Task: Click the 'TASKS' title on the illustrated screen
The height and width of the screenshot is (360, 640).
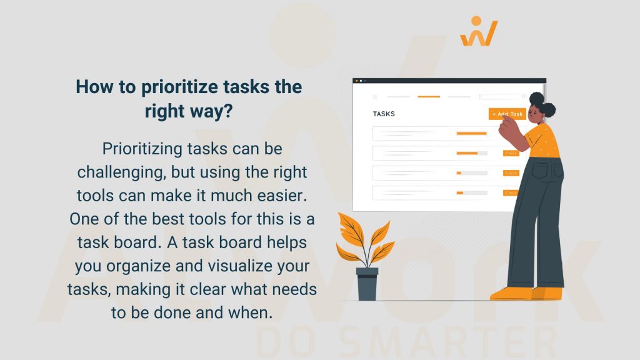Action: pos(384,114)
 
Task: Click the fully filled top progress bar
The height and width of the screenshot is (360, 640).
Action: pos(471,133)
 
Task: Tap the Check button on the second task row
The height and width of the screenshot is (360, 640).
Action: pos(511,153)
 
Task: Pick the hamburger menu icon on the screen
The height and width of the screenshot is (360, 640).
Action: pos(375,97)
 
